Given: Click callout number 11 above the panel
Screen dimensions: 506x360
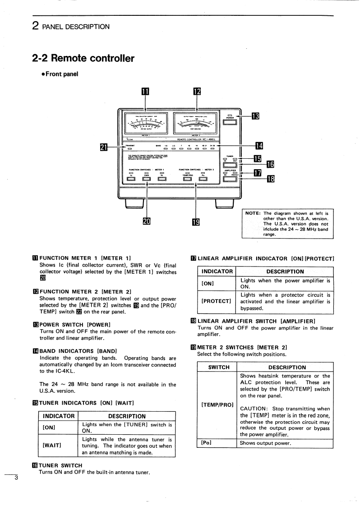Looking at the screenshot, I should [145, 92].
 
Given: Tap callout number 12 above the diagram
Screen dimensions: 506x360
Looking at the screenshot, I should [197, 92].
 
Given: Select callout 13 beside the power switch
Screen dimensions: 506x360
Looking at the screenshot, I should [255, 116].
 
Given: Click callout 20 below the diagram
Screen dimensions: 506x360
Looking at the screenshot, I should [146, 221].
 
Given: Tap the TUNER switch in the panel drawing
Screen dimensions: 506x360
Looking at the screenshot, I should [230, 164].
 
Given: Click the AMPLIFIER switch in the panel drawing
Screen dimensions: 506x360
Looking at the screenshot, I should [230, 179].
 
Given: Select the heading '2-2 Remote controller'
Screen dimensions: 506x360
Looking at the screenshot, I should [83, 58].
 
